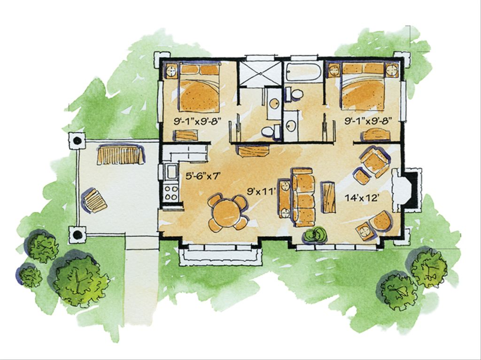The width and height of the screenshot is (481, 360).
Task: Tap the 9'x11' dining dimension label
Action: click(260, 192)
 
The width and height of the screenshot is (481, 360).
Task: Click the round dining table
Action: click(227, 213)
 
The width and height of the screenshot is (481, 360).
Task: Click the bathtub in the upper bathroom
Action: click(303, 72)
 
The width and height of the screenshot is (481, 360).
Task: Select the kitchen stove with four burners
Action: click(171, 192)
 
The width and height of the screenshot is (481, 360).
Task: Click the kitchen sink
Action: click(171, 172)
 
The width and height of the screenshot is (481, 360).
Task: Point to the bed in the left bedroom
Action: click(199, 89)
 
